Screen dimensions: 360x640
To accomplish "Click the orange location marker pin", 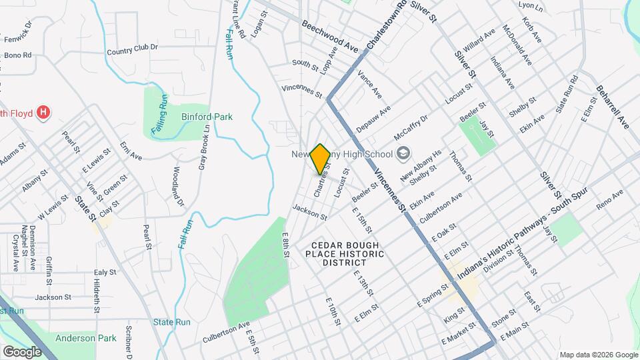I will [x=321, y=159].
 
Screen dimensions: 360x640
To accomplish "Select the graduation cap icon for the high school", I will [x=403, y=154].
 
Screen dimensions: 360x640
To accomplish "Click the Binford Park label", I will [x=207, y=117].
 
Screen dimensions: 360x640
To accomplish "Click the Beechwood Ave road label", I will [x=329, y=36].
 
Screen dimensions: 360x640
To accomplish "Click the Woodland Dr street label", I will [x=178, y=186].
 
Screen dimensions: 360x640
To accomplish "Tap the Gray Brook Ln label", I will [x=205, y=147].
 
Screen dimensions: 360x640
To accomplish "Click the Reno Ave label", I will [x=609, y=201].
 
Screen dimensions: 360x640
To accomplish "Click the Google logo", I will [x=22, y=351].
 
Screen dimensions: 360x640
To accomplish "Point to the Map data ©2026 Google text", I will [x=598, y=355].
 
